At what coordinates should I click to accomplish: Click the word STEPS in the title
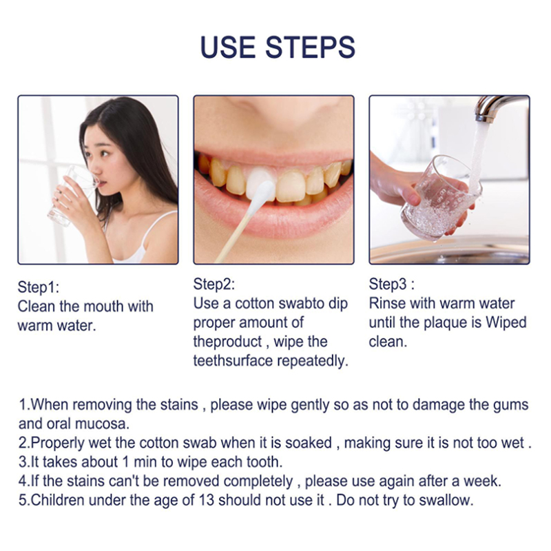pyautogui.click(x=310, y=47)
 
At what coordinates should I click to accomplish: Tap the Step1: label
pyautogui.click(x=39, y=287)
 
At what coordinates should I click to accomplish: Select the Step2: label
pyautogui.click(x=214, y=284)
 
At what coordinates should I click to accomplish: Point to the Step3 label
pyautogui.click(x=388, y=284)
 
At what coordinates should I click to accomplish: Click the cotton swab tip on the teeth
pyautogui.click(x=262, y=195)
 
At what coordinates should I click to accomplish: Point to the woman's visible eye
pyautogui.click(x=105, y=153)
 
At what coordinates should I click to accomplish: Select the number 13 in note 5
pyautogui.click(x=207, y=500)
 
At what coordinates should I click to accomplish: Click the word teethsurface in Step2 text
pyautogui.click(x=233, y=361)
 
